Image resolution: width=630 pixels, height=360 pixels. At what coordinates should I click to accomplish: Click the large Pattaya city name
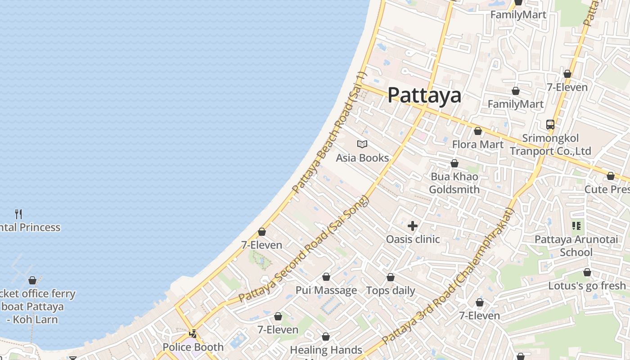click(424, 95)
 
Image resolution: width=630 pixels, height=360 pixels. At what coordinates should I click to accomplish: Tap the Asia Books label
click(362, 158)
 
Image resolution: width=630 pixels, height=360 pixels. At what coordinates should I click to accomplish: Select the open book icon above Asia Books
click(362, 144)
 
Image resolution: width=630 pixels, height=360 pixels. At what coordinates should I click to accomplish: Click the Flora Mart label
click(477, 144)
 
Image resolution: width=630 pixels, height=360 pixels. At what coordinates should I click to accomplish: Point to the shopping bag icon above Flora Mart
click(478, 131)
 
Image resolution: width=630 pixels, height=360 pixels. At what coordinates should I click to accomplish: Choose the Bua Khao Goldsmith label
click(454, 183)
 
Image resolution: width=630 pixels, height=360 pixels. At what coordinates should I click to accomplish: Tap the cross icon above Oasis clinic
click(413, 225)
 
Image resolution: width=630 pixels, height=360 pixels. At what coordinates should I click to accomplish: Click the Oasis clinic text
click(413, 239)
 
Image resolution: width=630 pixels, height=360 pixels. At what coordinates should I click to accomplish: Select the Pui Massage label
click(326, 290)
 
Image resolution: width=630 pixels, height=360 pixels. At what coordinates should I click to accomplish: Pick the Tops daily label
click(391, 290)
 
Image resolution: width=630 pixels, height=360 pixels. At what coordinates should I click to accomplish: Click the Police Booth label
click(193, 347)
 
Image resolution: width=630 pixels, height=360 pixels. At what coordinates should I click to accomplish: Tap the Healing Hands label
click(326, 350)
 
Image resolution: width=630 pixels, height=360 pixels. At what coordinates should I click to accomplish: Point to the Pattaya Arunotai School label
click(576, 246)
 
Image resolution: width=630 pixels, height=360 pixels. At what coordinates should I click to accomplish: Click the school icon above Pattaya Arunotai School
click(576, 226)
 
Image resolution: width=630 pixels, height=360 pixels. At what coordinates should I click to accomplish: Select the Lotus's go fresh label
click(587, 286)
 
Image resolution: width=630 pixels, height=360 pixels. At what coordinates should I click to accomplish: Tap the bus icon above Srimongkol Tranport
click(550, 125)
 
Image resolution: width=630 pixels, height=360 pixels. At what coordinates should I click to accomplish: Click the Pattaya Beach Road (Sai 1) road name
click(330, 133)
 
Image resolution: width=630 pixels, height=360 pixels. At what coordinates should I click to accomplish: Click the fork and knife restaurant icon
click(18, 214)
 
